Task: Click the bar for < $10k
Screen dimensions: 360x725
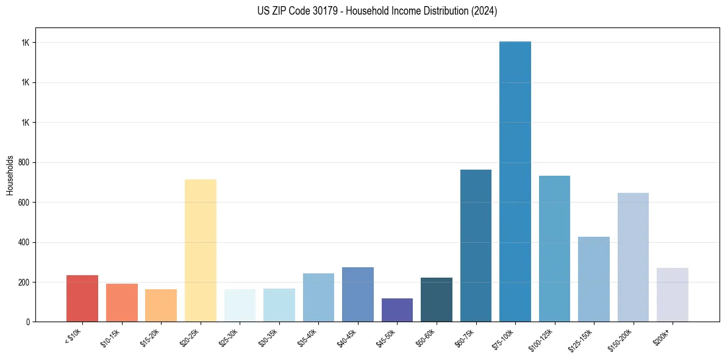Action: [x=82, y=298]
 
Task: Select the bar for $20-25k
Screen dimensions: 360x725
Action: [x=201, y=250]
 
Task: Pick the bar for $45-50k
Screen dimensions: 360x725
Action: [x=397, y=310]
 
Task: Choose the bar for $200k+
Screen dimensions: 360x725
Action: [x=673, y=295]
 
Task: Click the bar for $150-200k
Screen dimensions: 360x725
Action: [x=633, y=257]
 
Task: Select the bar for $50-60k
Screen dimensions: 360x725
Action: [x=437, y=300]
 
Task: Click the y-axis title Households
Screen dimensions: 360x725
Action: [x=10, y=175]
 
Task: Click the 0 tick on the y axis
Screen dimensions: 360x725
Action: [x=28, y=322]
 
